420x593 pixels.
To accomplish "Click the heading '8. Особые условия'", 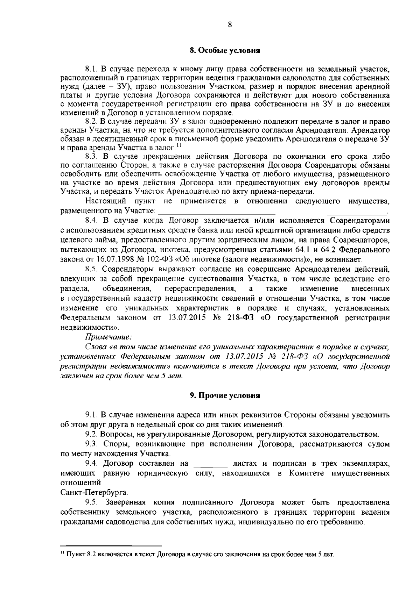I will (x=224, y=50).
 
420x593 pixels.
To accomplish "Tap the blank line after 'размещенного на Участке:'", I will (x=273, y=212).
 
